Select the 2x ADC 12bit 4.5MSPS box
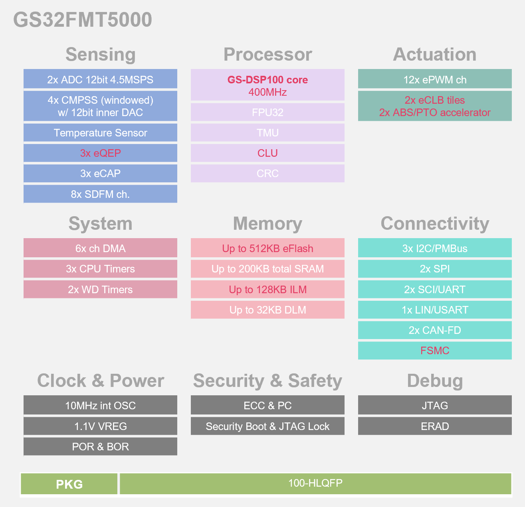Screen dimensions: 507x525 [100, 79]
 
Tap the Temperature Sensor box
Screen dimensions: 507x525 [100, 133]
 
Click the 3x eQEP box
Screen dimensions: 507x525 [100, 153]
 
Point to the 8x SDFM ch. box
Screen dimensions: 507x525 [100, 194]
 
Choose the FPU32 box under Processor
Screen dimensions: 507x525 [267, 112]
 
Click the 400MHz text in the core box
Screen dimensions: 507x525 [267, 93]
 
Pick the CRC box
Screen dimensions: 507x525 [267, 174]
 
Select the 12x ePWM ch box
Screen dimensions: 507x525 [435, 79]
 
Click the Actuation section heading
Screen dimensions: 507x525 [435, 55]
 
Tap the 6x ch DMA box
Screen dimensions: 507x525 [100, 249]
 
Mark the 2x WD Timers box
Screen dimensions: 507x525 [100, 290]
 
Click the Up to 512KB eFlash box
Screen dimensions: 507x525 [267, 249]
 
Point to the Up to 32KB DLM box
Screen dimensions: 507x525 [267, 310]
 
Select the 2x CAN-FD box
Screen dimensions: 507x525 [435, 330]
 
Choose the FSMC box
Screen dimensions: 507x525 [435, 351]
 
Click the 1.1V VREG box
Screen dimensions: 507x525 [100, 426]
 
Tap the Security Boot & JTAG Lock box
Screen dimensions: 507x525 [267, 426]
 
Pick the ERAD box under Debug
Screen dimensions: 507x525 [435, 426]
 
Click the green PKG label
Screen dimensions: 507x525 [69, 484]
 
